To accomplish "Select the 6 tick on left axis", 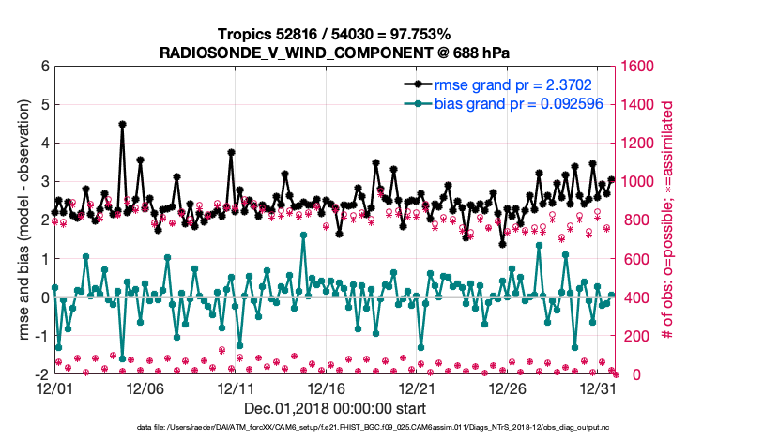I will (x=44, y=67).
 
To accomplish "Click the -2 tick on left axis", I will (x=41, y=373).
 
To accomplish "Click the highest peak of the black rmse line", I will (x=123, y=124).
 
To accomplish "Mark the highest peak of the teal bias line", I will (x=304, y=235).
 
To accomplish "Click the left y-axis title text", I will (x=21, y=220).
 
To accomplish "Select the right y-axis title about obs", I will (x=669, y=220).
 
